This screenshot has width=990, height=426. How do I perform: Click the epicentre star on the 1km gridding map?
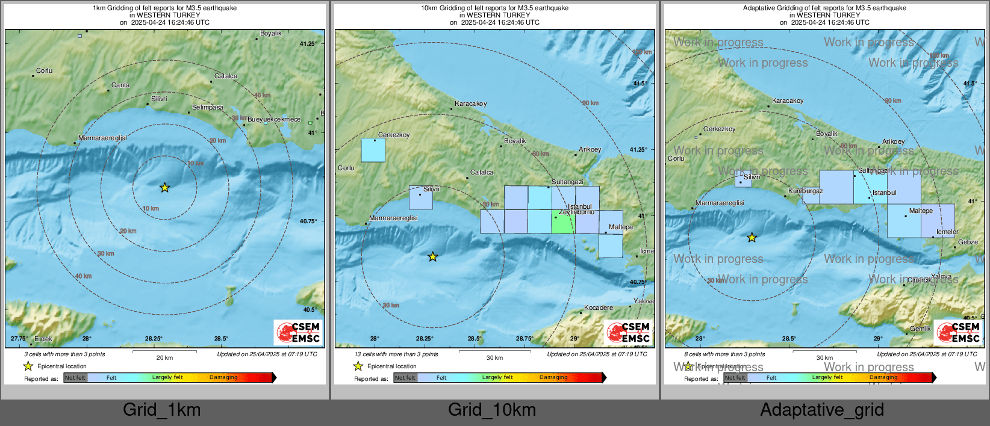pos(164,188)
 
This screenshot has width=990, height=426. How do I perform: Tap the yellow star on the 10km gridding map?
pos(432,257)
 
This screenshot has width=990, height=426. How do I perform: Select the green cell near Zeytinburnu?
pos(564,221)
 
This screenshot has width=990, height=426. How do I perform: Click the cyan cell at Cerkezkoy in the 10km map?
pos(373,150)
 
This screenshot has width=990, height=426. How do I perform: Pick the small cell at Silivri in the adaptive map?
pos(743,179)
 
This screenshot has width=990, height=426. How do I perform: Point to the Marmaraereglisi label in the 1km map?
pos(102,138)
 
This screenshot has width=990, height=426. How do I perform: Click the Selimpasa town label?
pos(208,108)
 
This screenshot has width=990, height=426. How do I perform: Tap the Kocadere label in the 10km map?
pos(599,308)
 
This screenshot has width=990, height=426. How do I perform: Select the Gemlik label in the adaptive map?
pos(920,329)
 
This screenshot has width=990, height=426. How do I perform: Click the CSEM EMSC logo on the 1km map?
pos(299,332)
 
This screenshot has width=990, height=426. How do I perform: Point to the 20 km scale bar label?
pos(164,357)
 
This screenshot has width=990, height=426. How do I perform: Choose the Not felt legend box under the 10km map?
pos(405,378)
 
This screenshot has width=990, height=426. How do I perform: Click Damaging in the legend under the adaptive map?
pos(883,378)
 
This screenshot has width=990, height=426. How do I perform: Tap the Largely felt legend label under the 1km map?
pos(167,378)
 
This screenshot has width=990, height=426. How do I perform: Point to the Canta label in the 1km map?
pos(120,85)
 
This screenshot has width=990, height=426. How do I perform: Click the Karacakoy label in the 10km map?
pos(471,104)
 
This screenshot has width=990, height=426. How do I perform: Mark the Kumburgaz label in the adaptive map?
pos(806,191)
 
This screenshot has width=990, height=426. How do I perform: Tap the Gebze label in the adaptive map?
pos(968,242)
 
